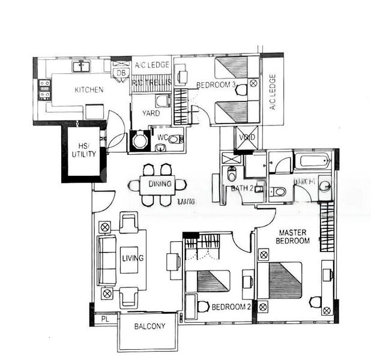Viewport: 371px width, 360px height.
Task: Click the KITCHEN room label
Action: [89, 90]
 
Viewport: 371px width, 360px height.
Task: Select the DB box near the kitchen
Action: [121, 73]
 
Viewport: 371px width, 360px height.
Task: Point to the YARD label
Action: [150, 113]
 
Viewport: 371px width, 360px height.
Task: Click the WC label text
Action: [162, 138]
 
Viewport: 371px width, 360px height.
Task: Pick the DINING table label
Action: [160, 184]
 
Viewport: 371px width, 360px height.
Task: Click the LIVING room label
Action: [133, 258]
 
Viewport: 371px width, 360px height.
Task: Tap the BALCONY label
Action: [148, 327]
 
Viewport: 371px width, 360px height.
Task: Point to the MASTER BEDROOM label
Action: [292, 236]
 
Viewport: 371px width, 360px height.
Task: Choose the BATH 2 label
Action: [243, 189]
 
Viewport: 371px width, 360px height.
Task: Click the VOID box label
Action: [248, 137]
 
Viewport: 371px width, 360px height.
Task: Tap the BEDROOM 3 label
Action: [216, 85]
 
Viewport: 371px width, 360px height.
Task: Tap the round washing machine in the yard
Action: [140, 142]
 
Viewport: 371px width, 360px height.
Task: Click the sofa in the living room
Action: [107, 260]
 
